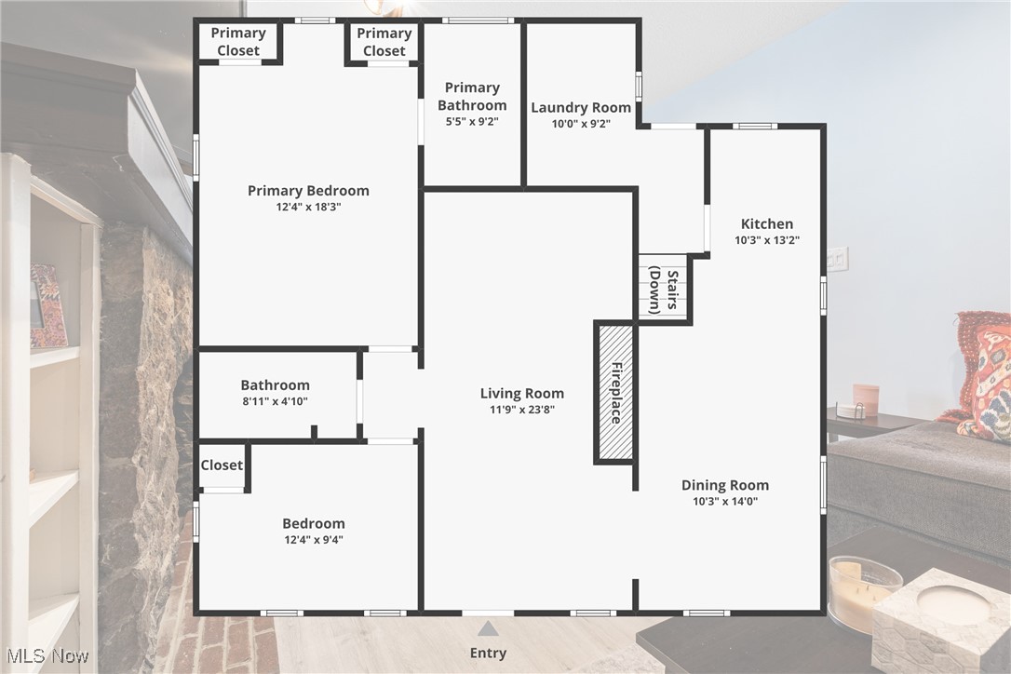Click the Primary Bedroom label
pos(308,191)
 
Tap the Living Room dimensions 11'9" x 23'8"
pos(521,410)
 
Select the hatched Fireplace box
pos(614,392)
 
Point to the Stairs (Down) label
pos(665,290)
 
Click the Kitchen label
pos(766,223)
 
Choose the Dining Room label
pos(725,485)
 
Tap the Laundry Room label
pos(581,108)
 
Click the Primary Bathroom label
pos(472,96)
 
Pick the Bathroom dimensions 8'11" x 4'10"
pos(275,401)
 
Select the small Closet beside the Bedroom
pos(222,465)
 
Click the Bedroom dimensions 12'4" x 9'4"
pos(314,540)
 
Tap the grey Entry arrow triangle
pos(488,629)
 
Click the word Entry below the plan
pos(488,653)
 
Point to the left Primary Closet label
pos(238,42)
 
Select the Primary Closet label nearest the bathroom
pos(384,42)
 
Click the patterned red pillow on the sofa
pos(985,377)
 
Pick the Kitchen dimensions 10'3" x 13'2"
pos(766,239)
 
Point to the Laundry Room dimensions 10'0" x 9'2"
pos(581,122)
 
